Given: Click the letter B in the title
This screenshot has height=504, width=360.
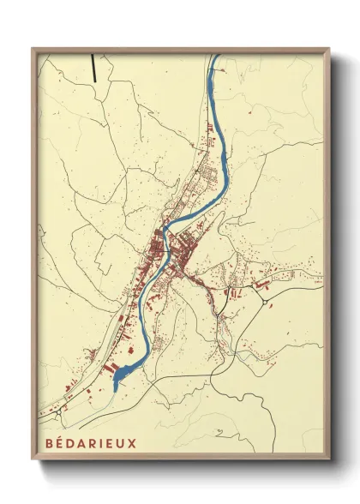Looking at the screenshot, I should pyautogui.click(x=45, y=446).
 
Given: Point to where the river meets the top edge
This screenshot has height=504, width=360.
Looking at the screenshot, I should pyautogui.click(x=216, y=57).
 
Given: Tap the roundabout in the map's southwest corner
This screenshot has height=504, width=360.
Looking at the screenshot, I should pyautogui.click(x=60, y=411).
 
